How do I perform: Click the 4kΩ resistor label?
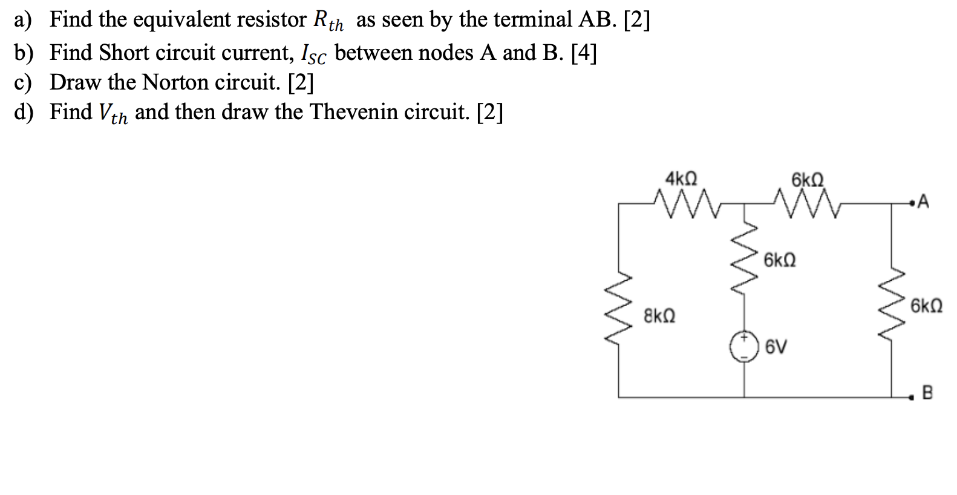click(x=681, y=179)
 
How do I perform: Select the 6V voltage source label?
click(x=776, y=347)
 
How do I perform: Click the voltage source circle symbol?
click(x=743, y=347)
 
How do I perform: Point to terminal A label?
click(x=923, y=202)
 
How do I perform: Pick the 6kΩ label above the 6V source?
click(x=780, y=261)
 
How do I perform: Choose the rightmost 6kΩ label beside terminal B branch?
click(x=926, y=306)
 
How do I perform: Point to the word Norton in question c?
click(x=175, y=82)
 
